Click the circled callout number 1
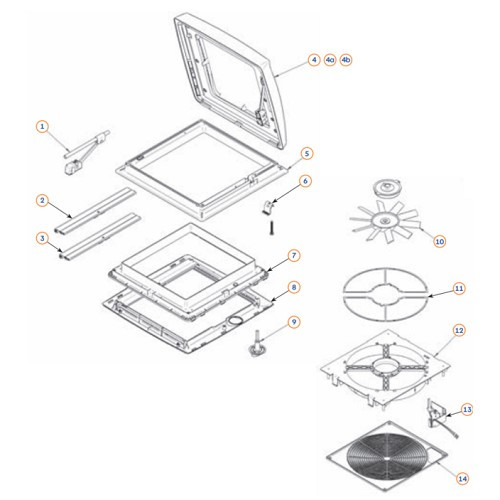click(x=42, y=127)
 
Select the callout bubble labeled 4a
click(x=330, y=60)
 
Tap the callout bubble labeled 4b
click(x=346, y=60)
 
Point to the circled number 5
click(x=307, y=154)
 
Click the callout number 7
click(x=294, y=256)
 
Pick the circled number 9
click(x=294, y=322)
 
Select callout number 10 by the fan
click(x=440, y=241)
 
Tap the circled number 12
click(x=459, y=330)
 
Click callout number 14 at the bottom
click(x=463, y=479)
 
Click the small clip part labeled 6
click(x=267, y=207)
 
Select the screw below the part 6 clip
click(x=272, y=228)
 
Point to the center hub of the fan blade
click(x=385, y=220)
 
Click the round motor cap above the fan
click(x=386, y=187)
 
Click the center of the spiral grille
click(x=386, y=458)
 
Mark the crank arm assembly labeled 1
click(x=86, y=151)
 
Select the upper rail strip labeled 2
click(x=96, y=210)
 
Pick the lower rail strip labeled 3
click(x=100, y=236)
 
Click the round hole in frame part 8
click(x=235, y=321)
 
